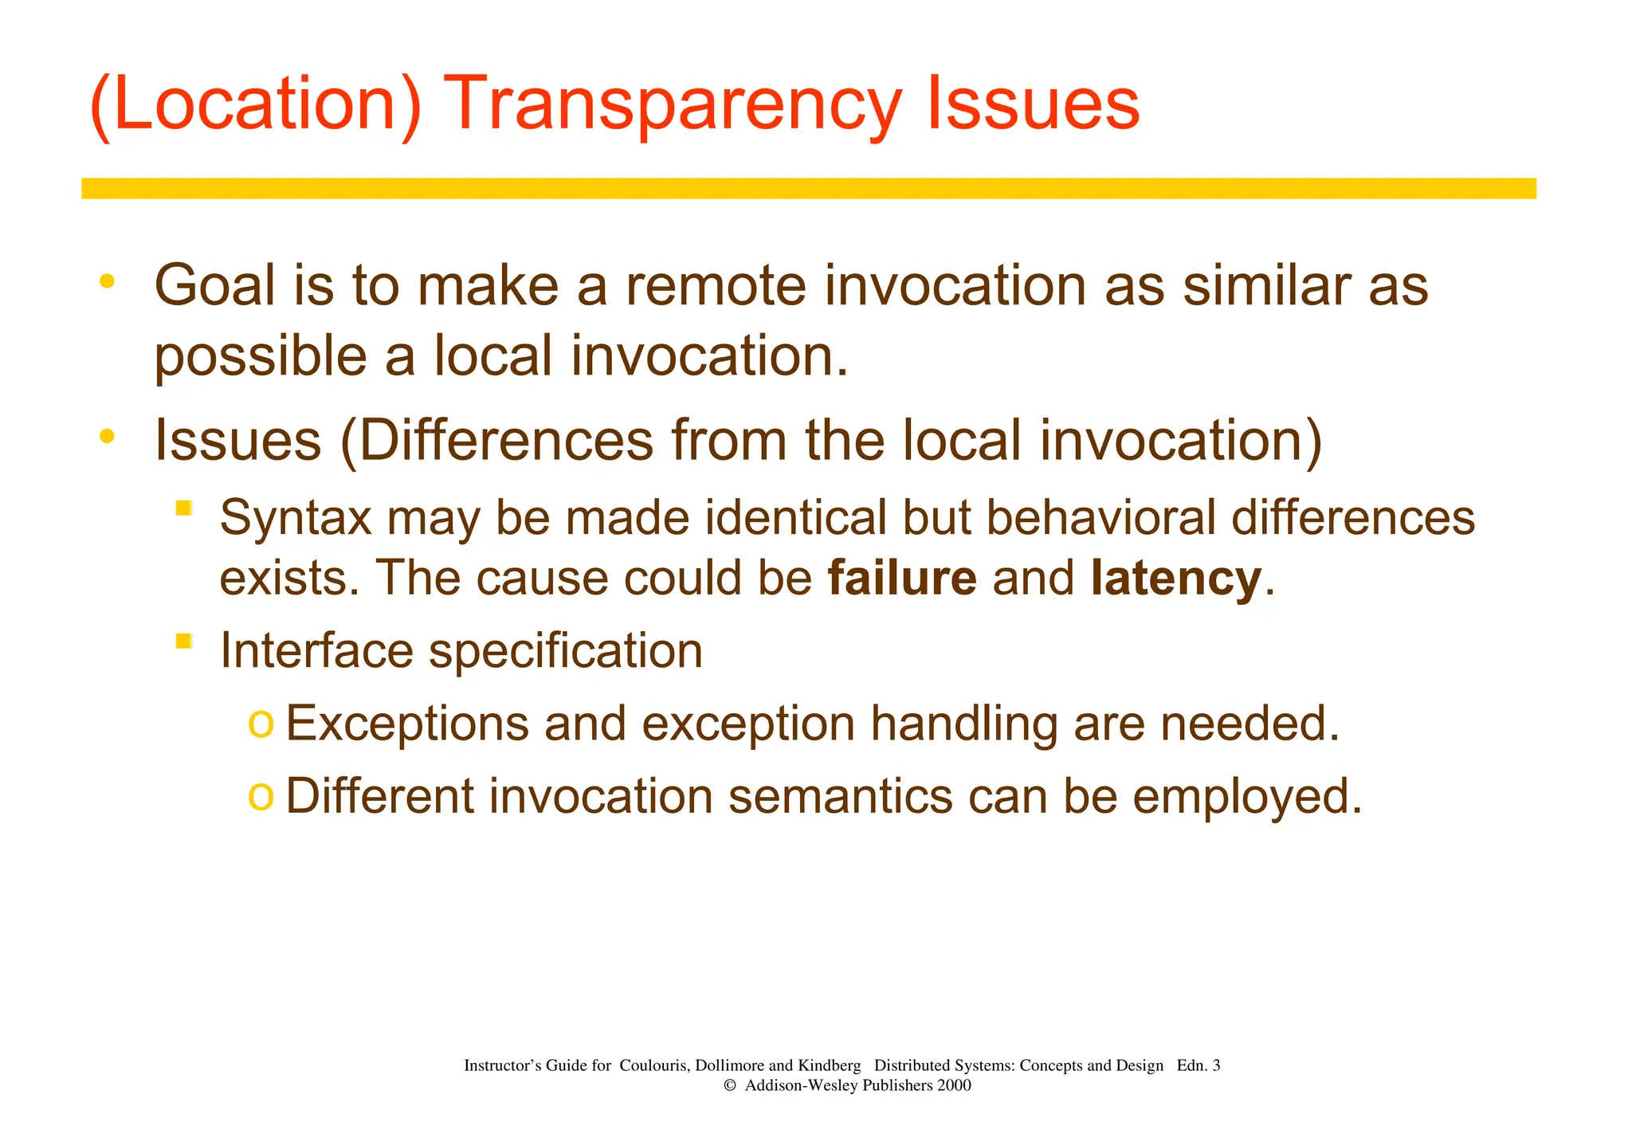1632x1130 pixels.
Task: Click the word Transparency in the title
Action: (x=676, y=104)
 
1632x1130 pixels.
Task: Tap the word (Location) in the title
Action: (x=255, y=104)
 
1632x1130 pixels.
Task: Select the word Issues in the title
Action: (x=1033, y=104)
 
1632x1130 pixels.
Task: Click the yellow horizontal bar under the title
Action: (x=808, y=188)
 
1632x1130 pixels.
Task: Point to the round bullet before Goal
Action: (x=107, y=281)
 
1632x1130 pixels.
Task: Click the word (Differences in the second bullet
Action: (x=496, y=440)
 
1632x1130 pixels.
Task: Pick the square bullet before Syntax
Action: (x=184, y=508)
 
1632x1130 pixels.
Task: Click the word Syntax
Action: (x=296, y=518)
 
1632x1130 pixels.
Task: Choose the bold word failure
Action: (x=902, y=578)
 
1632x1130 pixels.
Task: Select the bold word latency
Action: (x=1176, y=578)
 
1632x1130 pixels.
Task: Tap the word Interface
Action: (x=316, y=650)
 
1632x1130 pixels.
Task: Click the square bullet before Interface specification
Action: (x=184, y=641)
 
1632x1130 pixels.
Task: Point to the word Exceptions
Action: (x=406, y=724)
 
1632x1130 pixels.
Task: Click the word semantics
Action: (x=840, y=796)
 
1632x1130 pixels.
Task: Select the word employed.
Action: (x=1246, y=796)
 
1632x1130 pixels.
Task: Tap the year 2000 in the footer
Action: (x=954, y=1085)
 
